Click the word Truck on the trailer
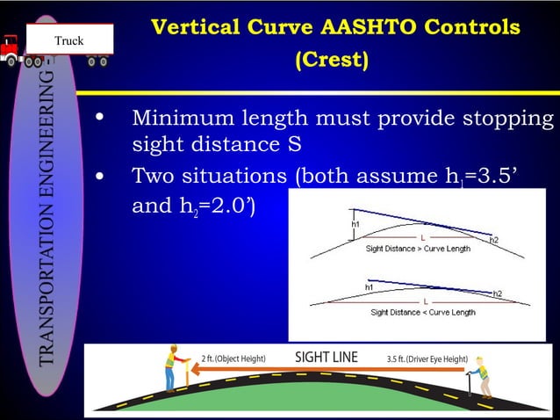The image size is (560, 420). point(69,40)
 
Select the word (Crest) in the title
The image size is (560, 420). point(332,61)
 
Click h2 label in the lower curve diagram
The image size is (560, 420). point(498,293)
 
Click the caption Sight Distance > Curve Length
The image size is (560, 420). point(418,249)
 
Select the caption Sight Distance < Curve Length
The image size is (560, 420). point(422,312)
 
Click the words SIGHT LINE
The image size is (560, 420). point(326,357)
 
